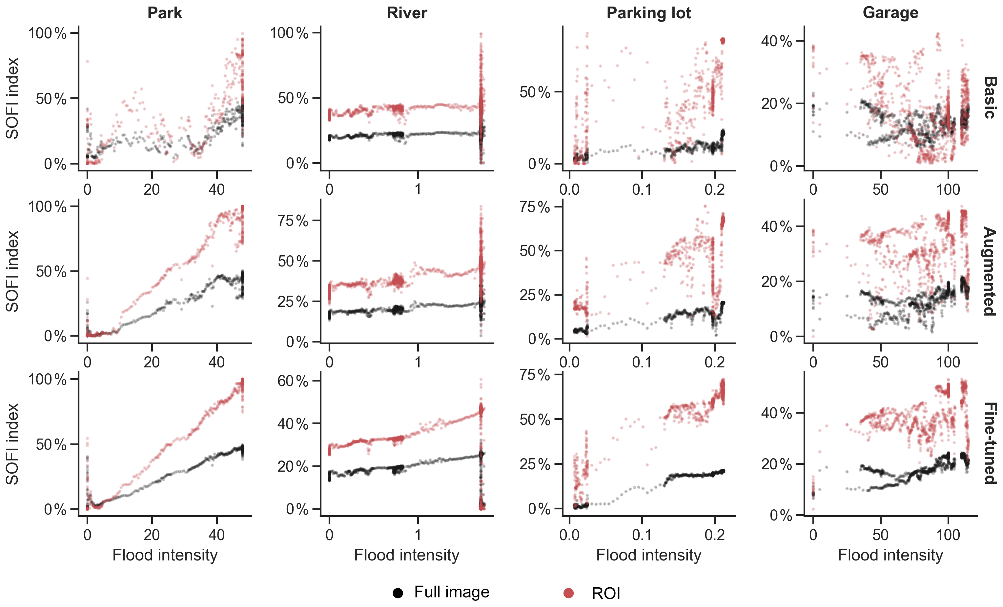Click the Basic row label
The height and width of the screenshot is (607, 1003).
(990, 98)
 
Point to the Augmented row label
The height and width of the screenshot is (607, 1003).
(990, 271)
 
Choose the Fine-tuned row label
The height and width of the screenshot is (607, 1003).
(990, 443)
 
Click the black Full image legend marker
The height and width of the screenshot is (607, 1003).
(398, 593)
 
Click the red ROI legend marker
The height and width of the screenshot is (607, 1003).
(568, 593)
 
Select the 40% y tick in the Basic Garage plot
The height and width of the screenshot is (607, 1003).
(777, 41)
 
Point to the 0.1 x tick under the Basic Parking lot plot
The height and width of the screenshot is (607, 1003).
(642, 189)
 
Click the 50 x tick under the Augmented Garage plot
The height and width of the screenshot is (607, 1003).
(880, 362)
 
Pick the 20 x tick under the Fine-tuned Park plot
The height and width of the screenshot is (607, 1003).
(152, 535)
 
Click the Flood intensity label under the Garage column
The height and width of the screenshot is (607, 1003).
(890, 555)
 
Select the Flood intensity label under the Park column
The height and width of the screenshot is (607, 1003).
(165, 555)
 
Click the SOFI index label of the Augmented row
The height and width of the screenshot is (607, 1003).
(12, 271)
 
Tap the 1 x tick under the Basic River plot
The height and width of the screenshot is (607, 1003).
(418, 189)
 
